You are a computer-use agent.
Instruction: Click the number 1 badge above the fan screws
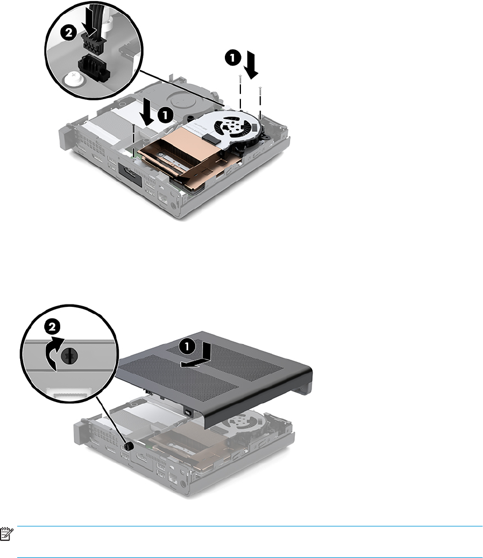point(232,57)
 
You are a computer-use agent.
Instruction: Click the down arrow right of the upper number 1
point(253,64)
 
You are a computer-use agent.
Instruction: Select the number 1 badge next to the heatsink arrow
point(165,115)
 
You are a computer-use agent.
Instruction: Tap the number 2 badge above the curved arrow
point(52,326)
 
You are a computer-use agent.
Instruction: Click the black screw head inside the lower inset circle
point(70,356)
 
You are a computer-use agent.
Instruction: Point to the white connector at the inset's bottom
point(69,393)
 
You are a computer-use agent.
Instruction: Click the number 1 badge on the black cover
point(187,346)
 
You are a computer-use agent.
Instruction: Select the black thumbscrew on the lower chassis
point(129,446)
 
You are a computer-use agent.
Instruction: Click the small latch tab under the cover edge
point(188,412)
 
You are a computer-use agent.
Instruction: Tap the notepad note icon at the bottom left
point(6,534)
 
